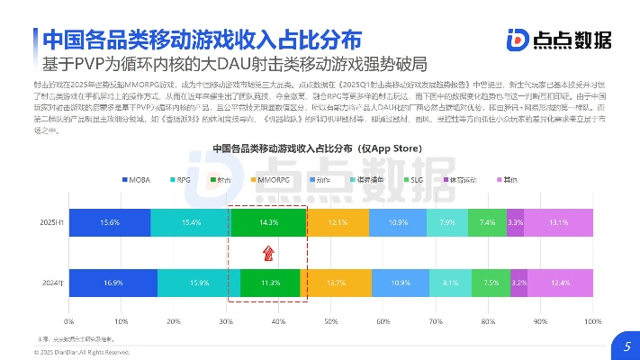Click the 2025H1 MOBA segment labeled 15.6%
pos(110,222)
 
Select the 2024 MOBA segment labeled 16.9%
pos(113,283)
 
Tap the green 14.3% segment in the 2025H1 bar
pos(267,222)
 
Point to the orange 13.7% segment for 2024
pos(336,283)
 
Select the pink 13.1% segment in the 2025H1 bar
pos(559,222)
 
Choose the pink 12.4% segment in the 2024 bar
pos(561,283)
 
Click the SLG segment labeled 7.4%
pos(487,222)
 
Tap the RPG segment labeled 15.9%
pos(199,283)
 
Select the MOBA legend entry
pos(136,181)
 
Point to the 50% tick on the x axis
pos(330,319)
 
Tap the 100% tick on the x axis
pos(592,319)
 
